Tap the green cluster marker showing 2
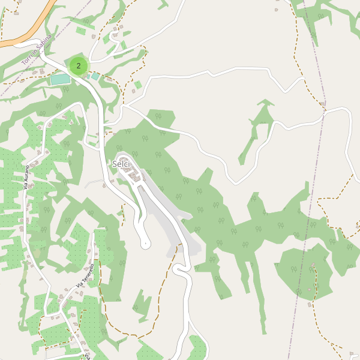click(x=79, y=65)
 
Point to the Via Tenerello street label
click(x=85, y=276)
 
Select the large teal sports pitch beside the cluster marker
click(x=60, y=79)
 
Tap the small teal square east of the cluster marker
click(x=95, y=77)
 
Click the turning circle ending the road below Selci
click(x=145, y=244)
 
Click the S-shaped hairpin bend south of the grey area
click(x=180, y=270)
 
